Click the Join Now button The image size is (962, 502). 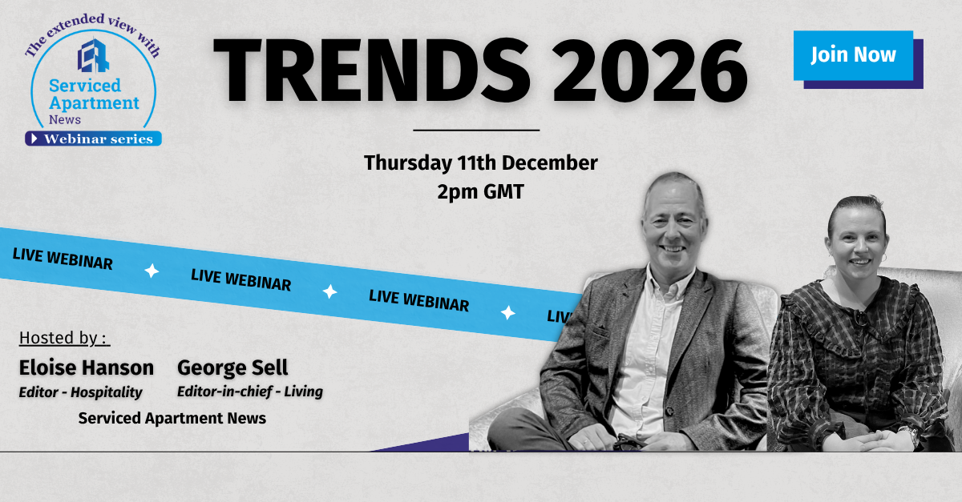[853, 55]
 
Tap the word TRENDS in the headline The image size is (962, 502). [372, 70]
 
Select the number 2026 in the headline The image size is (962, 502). [650, 70]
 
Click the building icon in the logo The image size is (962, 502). [93, 56]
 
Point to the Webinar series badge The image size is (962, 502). [93, 139]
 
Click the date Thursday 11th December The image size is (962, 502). [480, 163]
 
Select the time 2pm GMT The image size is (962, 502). [480, 192]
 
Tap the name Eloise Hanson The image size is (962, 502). [87, 368]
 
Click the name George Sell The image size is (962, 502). [232, 368]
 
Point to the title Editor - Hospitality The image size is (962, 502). [80, 392]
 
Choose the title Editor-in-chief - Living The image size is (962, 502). [250, 392]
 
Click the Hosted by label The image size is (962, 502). [64, 338]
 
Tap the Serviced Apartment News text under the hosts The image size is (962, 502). [172, 418]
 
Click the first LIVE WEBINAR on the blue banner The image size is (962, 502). [63, 259]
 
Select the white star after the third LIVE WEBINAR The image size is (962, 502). [508, 313]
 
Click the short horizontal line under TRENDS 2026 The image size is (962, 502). [476, 130]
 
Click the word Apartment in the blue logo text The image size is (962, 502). [94, 104]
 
